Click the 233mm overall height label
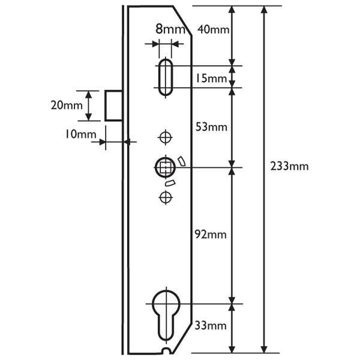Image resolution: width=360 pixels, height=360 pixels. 290,166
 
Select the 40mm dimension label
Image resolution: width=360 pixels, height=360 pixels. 212,28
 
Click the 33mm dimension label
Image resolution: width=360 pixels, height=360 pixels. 211,326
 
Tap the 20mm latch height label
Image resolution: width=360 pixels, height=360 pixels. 66,105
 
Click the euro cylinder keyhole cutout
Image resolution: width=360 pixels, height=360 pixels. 166,315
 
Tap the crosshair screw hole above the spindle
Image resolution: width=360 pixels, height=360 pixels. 164,138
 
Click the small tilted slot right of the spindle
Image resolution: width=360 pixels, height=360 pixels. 181,160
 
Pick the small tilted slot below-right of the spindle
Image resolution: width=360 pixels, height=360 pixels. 171,182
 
